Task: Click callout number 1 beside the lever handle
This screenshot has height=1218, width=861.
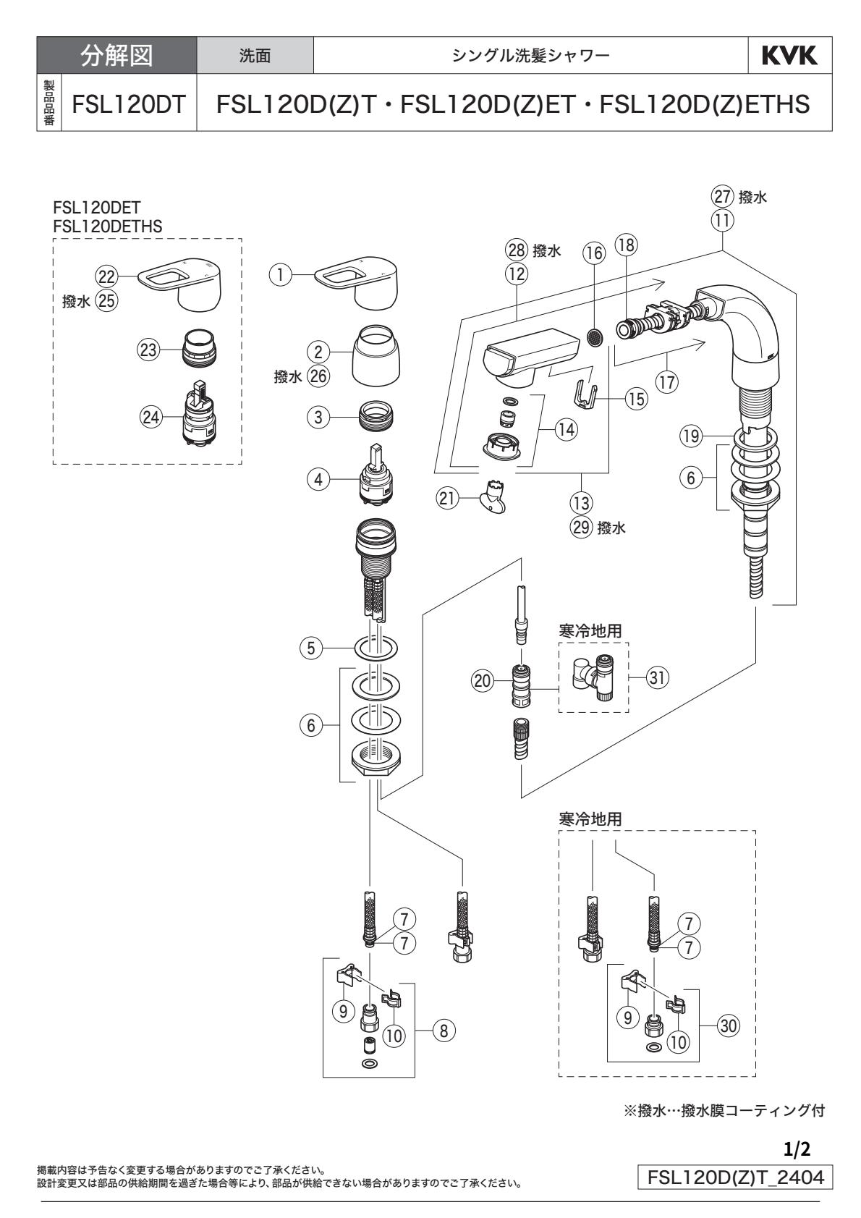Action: tap(278, 274)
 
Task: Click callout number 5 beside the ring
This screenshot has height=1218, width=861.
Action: tap(311, 648)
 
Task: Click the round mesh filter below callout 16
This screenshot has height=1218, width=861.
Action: tap(595, 337)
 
